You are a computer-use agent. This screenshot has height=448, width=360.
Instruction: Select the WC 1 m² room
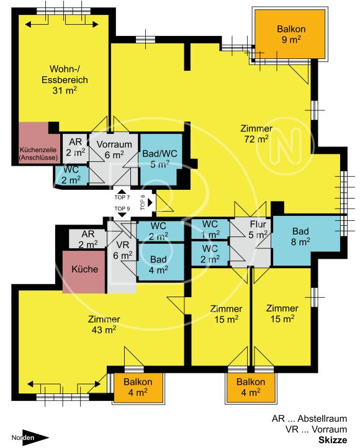point(210,229)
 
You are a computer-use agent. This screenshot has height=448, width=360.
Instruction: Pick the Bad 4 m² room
point(160,264)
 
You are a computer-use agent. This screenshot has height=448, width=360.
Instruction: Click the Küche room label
point(84,271)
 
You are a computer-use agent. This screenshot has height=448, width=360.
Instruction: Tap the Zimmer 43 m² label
point(104,324)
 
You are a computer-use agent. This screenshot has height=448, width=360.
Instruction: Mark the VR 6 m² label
point(122,249)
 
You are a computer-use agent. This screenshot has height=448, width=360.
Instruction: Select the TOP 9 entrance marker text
point(122,208)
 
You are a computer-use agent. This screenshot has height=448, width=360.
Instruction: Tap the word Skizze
point(332,440)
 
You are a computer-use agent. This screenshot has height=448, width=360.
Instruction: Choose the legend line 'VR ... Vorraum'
point(316,429)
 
